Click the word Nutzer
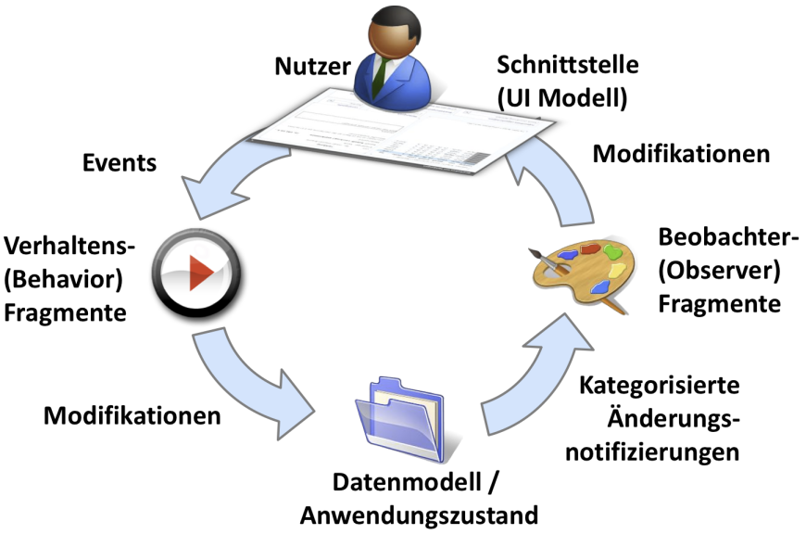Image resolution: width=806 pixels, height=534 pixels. pyautogui.click(x=312, y=67)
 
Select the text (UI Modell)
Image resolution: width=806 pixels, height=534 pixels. pyautogui.click(x=562, y=97)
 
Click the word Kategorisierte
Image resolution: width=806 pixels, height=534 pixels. pyautogui.click(x=660, y=385)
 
